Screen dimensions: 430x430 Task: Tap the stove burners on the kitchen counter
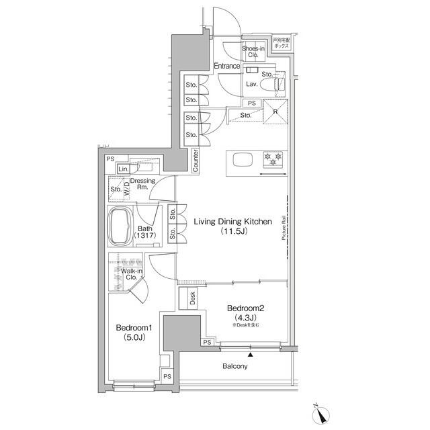[272, 159]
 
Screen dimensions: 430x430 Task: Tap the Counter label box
[195, 161]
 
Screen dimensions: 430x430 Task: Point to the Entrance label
[227, 66]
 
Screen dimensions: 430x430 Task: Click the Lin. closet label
[124, 169]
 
